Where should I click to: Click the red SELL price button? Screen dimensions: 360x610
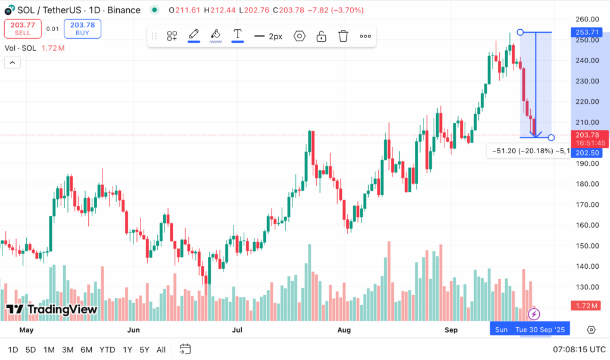point(23,29)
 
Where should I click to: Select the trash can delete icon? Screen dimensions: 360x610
point(343,36)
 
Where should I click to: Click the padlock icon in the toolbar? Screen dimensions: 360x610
point(321,36)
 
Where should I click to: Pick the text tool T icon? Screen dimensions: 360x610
point(237,35)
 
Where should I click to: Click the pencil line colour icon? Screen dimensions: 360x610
point(194,35)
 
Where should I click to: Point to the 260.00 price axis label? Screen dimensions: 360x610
point(587,19)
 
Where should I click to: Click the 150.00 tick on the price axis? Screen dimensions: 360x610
point(587,246)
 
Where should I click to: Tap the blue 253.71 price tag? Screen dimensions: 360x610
point(587,32)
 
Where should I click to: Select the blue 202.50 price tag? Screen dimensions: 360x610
point(587,152)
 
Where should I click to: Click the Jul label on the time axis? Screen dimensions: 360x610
point(238,330)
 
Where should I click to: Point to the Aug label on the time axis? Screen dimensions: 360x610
point(344,330)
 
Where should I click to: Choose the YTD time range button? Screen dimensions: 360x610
point(107,350)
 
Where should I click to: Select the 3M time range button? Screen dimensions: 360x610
point(67,350)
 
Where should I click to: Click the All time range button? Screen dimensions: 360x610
point(161,350)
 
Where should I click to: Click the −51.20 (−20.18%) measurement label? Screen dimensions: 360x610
point(521,151)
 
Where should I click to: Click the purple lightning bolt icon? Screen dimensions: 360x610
point(534,313)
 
